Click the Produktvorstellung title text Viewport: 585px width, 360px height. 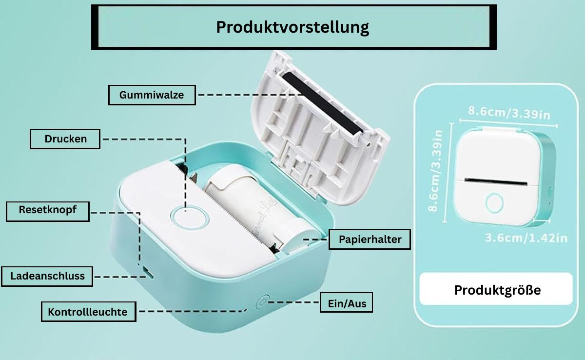292,27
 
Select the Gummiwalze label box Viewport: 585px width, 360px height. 152,95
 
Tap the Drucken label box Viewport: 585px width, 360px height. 65,139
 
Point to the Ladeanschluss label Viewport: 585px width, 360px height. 47,276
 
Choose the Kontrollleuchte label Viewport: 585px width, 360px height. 87,312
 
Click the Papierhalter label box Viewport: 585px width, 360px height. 370,240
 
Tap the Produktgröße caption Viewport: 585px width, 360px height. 497,290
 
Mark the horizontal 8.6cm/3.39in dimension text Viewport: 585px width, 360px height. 509,113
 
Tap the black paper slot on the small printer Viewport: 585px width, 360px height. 496,181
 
